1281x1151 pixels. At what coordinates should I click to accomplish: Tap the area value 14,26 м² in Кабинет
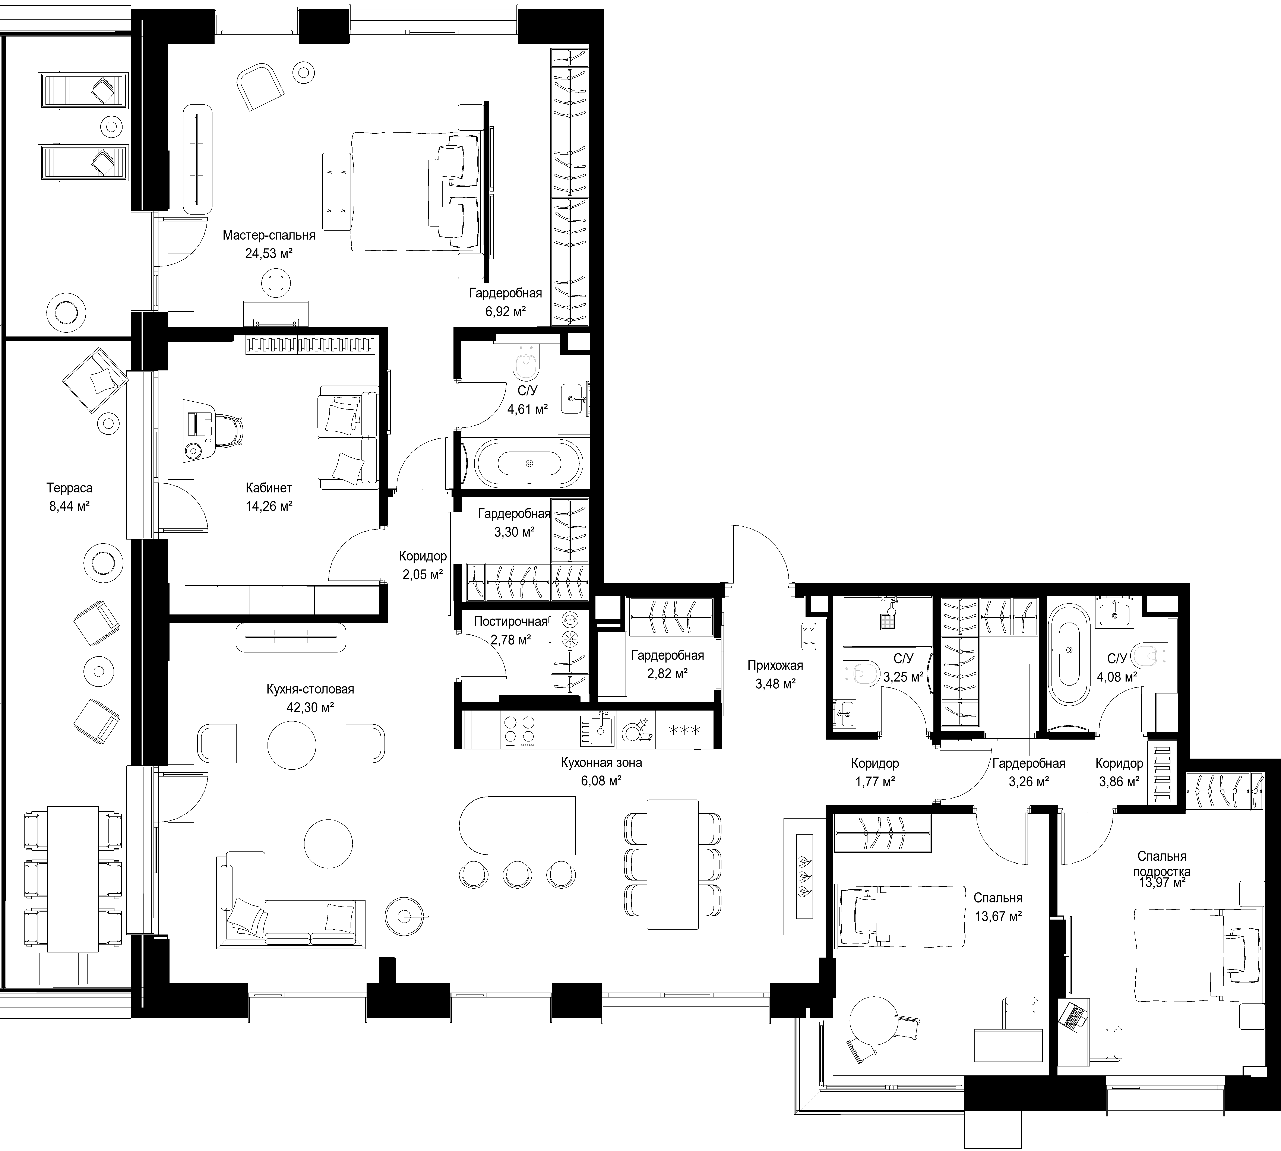tap(269, 506)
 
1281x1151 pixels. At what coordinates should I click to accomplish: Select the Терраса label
tap(70, 488)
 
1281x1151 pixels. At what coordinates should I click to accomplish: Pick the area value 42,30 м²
tap(310, 707)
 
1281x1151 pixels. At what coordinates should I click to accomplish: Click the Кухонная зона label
tap(601, 763)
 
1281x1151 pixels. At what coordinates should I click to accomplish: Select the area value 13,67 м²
tap(998, 916)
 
